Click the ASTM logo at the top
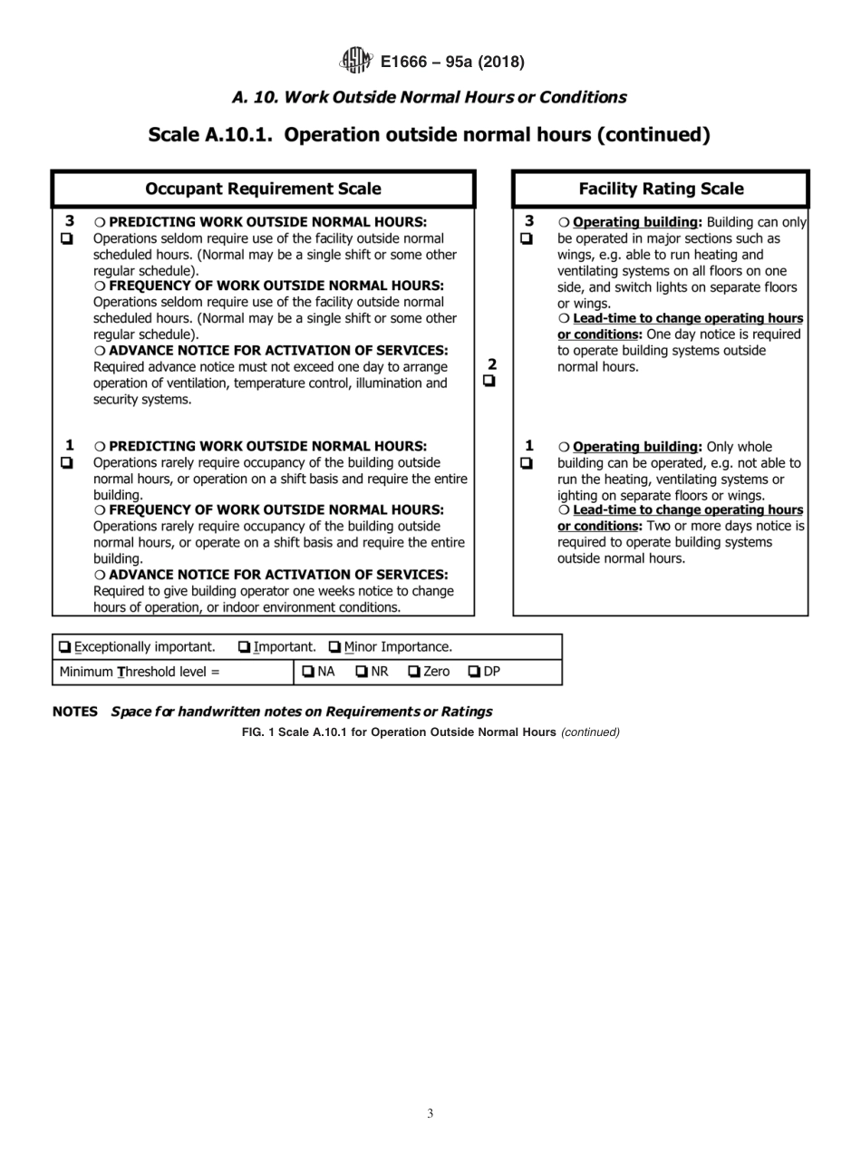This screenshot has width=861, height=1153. [x=355, y=62]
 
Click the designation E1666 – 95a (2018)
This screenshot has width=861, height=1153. [x=452, y=63]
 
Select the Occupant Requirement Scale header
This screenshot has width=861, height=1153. [x=263, y=189]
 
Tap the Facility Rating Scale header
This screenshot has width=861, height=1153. [x=661, y=189]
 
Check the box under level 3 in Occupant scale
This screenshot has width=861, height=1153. [x=66, y=238]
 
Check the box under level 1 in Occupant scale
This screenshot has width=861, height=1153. [x=66, y=462]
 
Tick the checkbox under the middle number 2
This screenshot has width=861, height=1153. [x=489, y=382]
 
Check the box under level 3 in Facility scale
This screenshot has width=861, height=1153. [x=528, y=238]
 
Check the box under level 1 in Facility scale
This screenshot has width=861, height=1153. [x=528, y=463]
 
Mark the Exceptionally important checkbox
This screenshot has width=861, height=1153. [x=64, y=647]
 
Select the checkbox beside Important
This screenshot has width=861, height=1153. [x=245, y=647]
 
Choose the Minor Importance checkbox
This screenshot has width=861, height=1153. [x=335, y=647]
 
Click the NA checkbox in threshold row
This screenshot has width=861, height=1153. [x=308, y=673]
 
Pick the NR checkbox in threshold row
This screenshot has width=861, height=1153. [x=362, y=673]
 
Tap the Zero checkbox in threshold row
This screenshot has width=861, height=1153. [x=414, y=673]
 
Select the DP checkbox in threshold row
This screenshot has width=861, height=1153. [x=474, y=673]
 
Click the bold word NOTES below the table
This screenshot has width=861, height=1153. [x=74, y=712]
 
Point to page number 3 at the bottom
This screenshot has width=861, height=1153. [x=430, y=1114]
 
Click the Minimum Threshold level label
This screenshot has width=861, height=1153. [x=140, y=673]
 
